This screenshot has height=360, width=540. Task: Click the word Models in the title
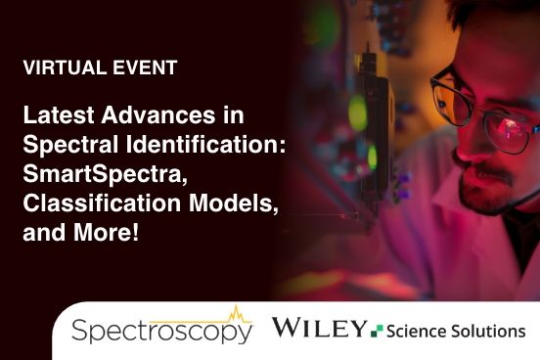pyautogui.click(x=202, y=205)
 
